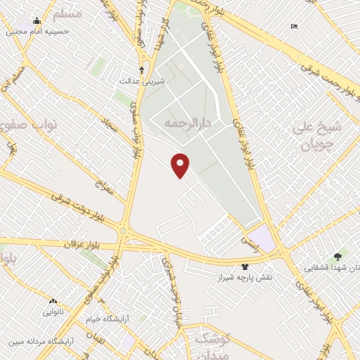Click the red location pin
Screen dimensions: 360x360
click(181, 165)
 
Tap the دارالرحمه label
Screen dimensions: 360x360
click(188, 123)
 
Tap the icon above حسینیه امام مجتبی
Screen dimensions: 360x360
click(37, 20)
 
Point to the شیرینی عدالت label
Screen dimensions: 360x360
click(154, 82)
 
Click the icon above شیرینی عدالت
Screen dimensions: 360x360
click(142, 70)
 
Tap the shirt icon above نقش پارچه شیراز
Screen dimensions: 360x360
click(245, 266)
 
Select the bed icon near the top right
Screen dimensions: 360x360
click(294, 27)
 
